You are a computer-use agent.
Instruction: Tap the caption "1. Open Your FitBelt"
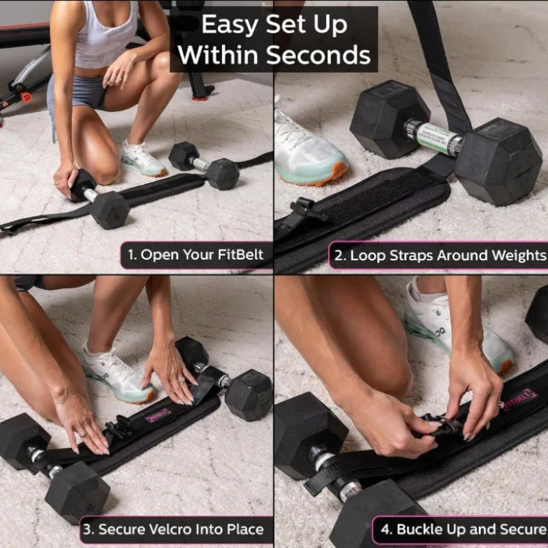(195, 256)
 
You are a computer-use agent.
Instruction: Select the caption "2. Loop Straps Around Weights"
(438, 256)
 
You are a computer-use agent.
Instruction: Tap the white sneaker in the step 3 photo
(116, 374)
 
